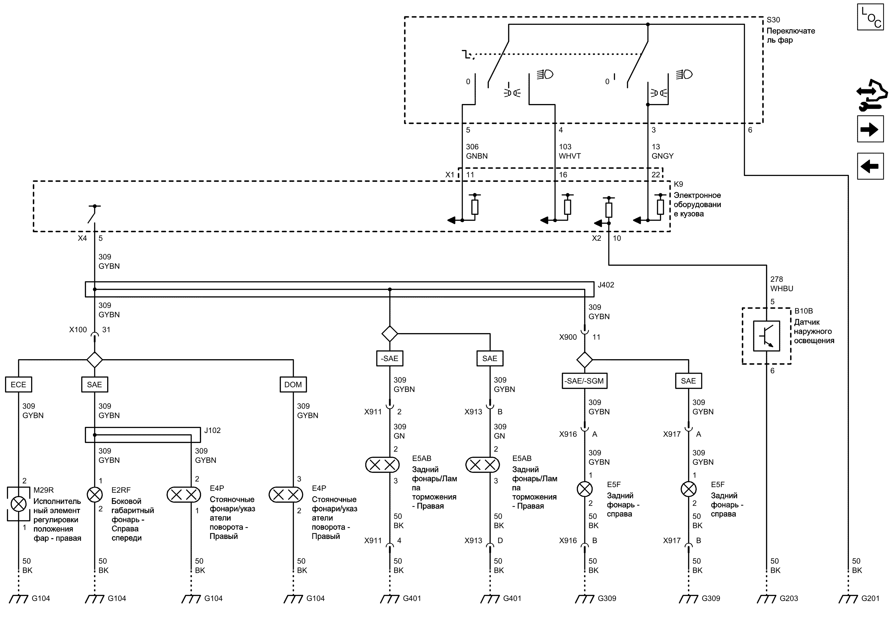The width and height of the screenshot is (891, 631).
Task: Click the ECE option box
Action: [x=18, y=384]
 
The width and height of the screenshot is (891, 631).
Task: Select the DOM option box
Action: [x=293, y=384]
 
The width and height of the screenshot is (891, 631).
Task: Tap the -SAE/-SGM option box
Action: [x=585, y=381]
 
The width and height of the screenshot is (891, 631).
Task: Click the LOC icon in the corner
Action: [x=870, y=17]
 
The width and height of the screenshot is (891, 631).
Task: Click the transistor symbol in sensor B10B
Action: [x=766, y=336]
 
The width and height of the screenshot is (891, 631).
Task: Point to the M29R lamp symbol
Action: [x=18, y=504]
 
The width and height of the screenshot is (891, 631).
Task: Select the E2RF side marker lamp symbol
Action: [x=94, y=495]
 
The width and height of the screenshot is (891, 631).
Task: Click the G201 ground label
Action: [x=870, y=598]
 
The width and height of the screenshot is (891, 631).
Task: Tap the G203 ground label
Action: [x=789, y=598]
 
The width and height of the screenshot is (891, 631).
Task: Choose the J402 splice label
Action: [x=606, y=285]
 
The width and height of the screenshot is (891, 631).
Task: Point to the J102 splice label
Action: [x=212, y=431]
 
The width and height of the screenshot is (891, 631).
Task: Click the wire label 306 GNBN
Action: [x=477, y=151]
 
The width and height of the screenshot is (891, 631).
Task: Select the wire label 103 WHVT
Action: [x=570, y=151]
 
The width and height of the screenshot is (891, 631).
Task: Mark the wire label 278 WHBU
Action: [x=782, y=284]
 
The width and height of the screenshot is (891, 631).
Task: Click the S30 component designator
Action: [x=773, y=20]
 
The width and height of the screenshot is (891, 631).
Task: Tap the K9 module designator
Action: [x=679, y=184]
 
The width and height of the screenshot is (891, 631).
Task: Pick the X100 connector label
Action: [x=78, y=330]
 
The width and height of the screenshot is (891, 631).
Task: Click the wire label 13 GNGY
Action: [x=663, y=151]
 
